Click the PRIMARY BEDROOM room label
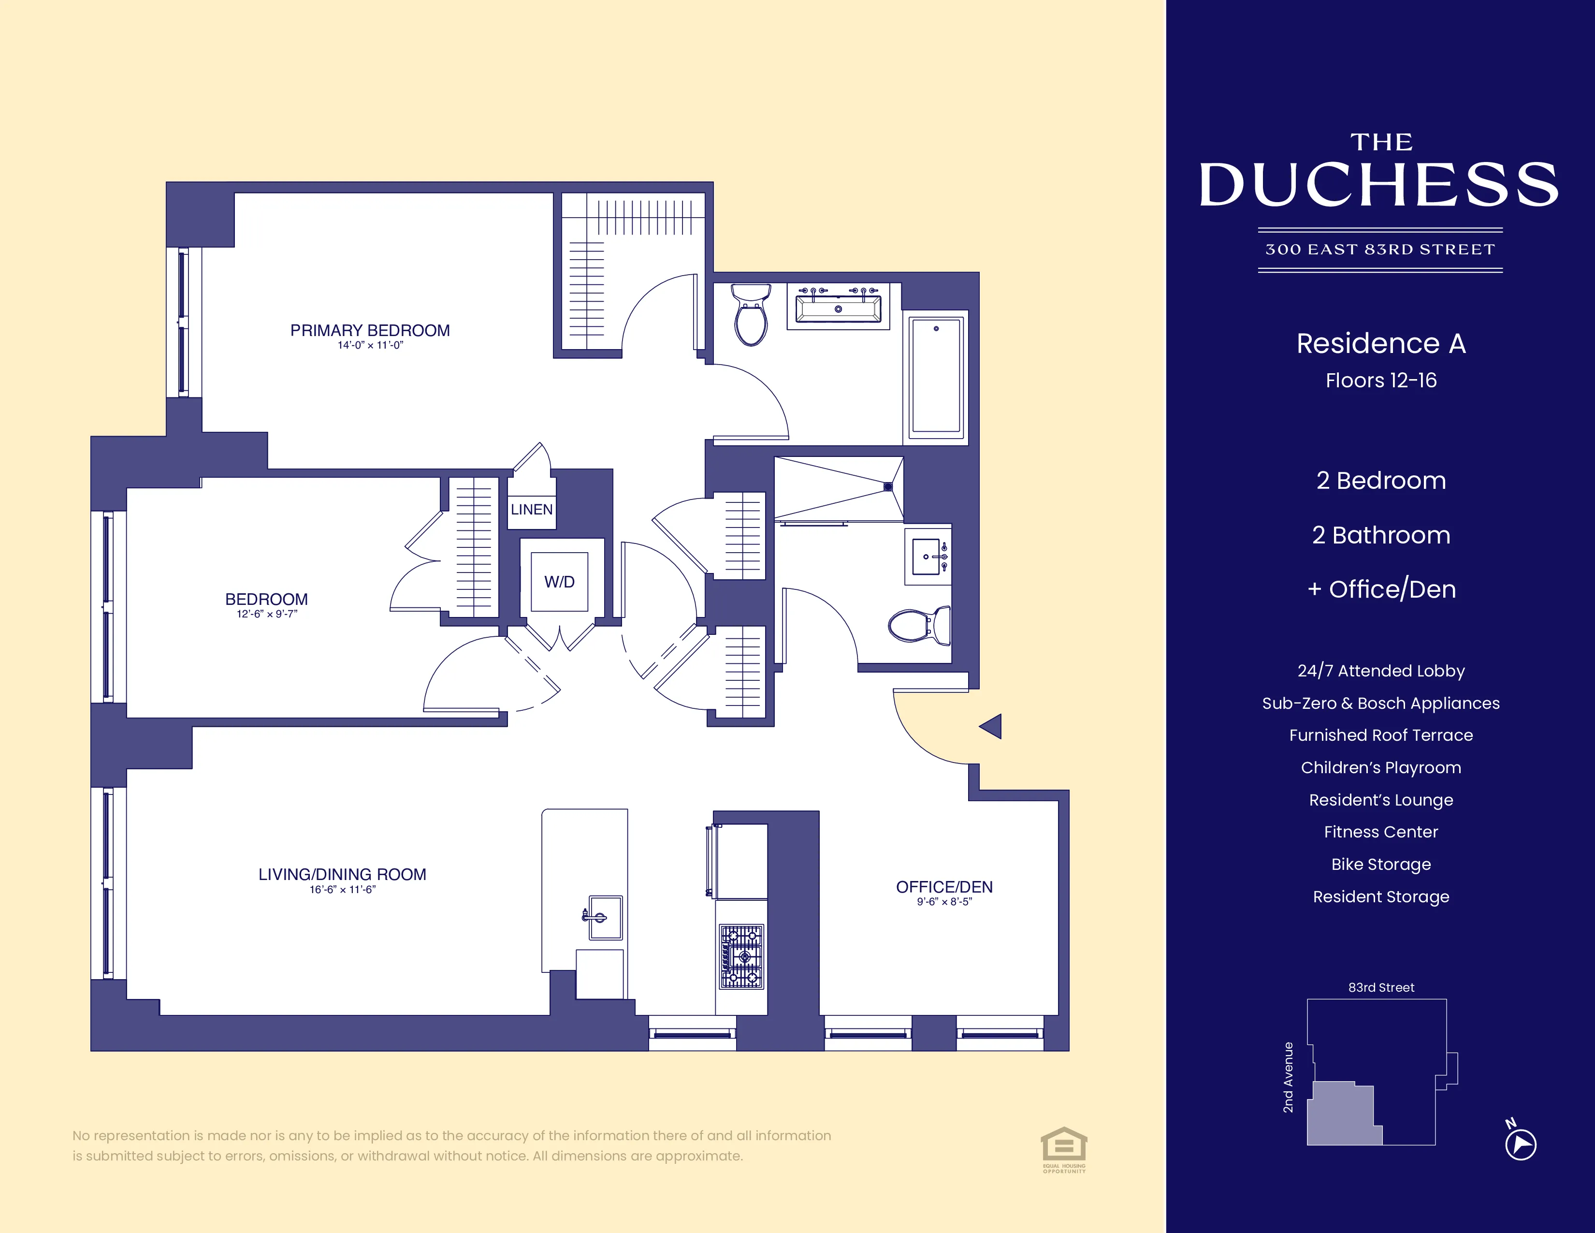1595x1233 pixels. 370,330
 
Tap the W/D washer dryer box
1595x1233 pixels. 559,581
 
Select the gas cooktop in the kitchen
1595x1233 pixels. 741,956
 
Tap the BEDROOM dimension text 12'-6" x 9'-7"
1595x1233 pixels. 267,614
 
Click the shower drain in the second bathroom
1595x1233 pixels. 888,486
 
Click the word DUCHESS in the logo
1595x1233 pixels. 1379,185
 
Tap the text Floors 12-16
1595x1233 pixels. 1380,381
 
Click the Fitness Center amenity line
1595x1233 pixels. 1380,832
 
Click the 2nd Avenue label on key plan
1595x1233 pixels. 1288,1077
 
